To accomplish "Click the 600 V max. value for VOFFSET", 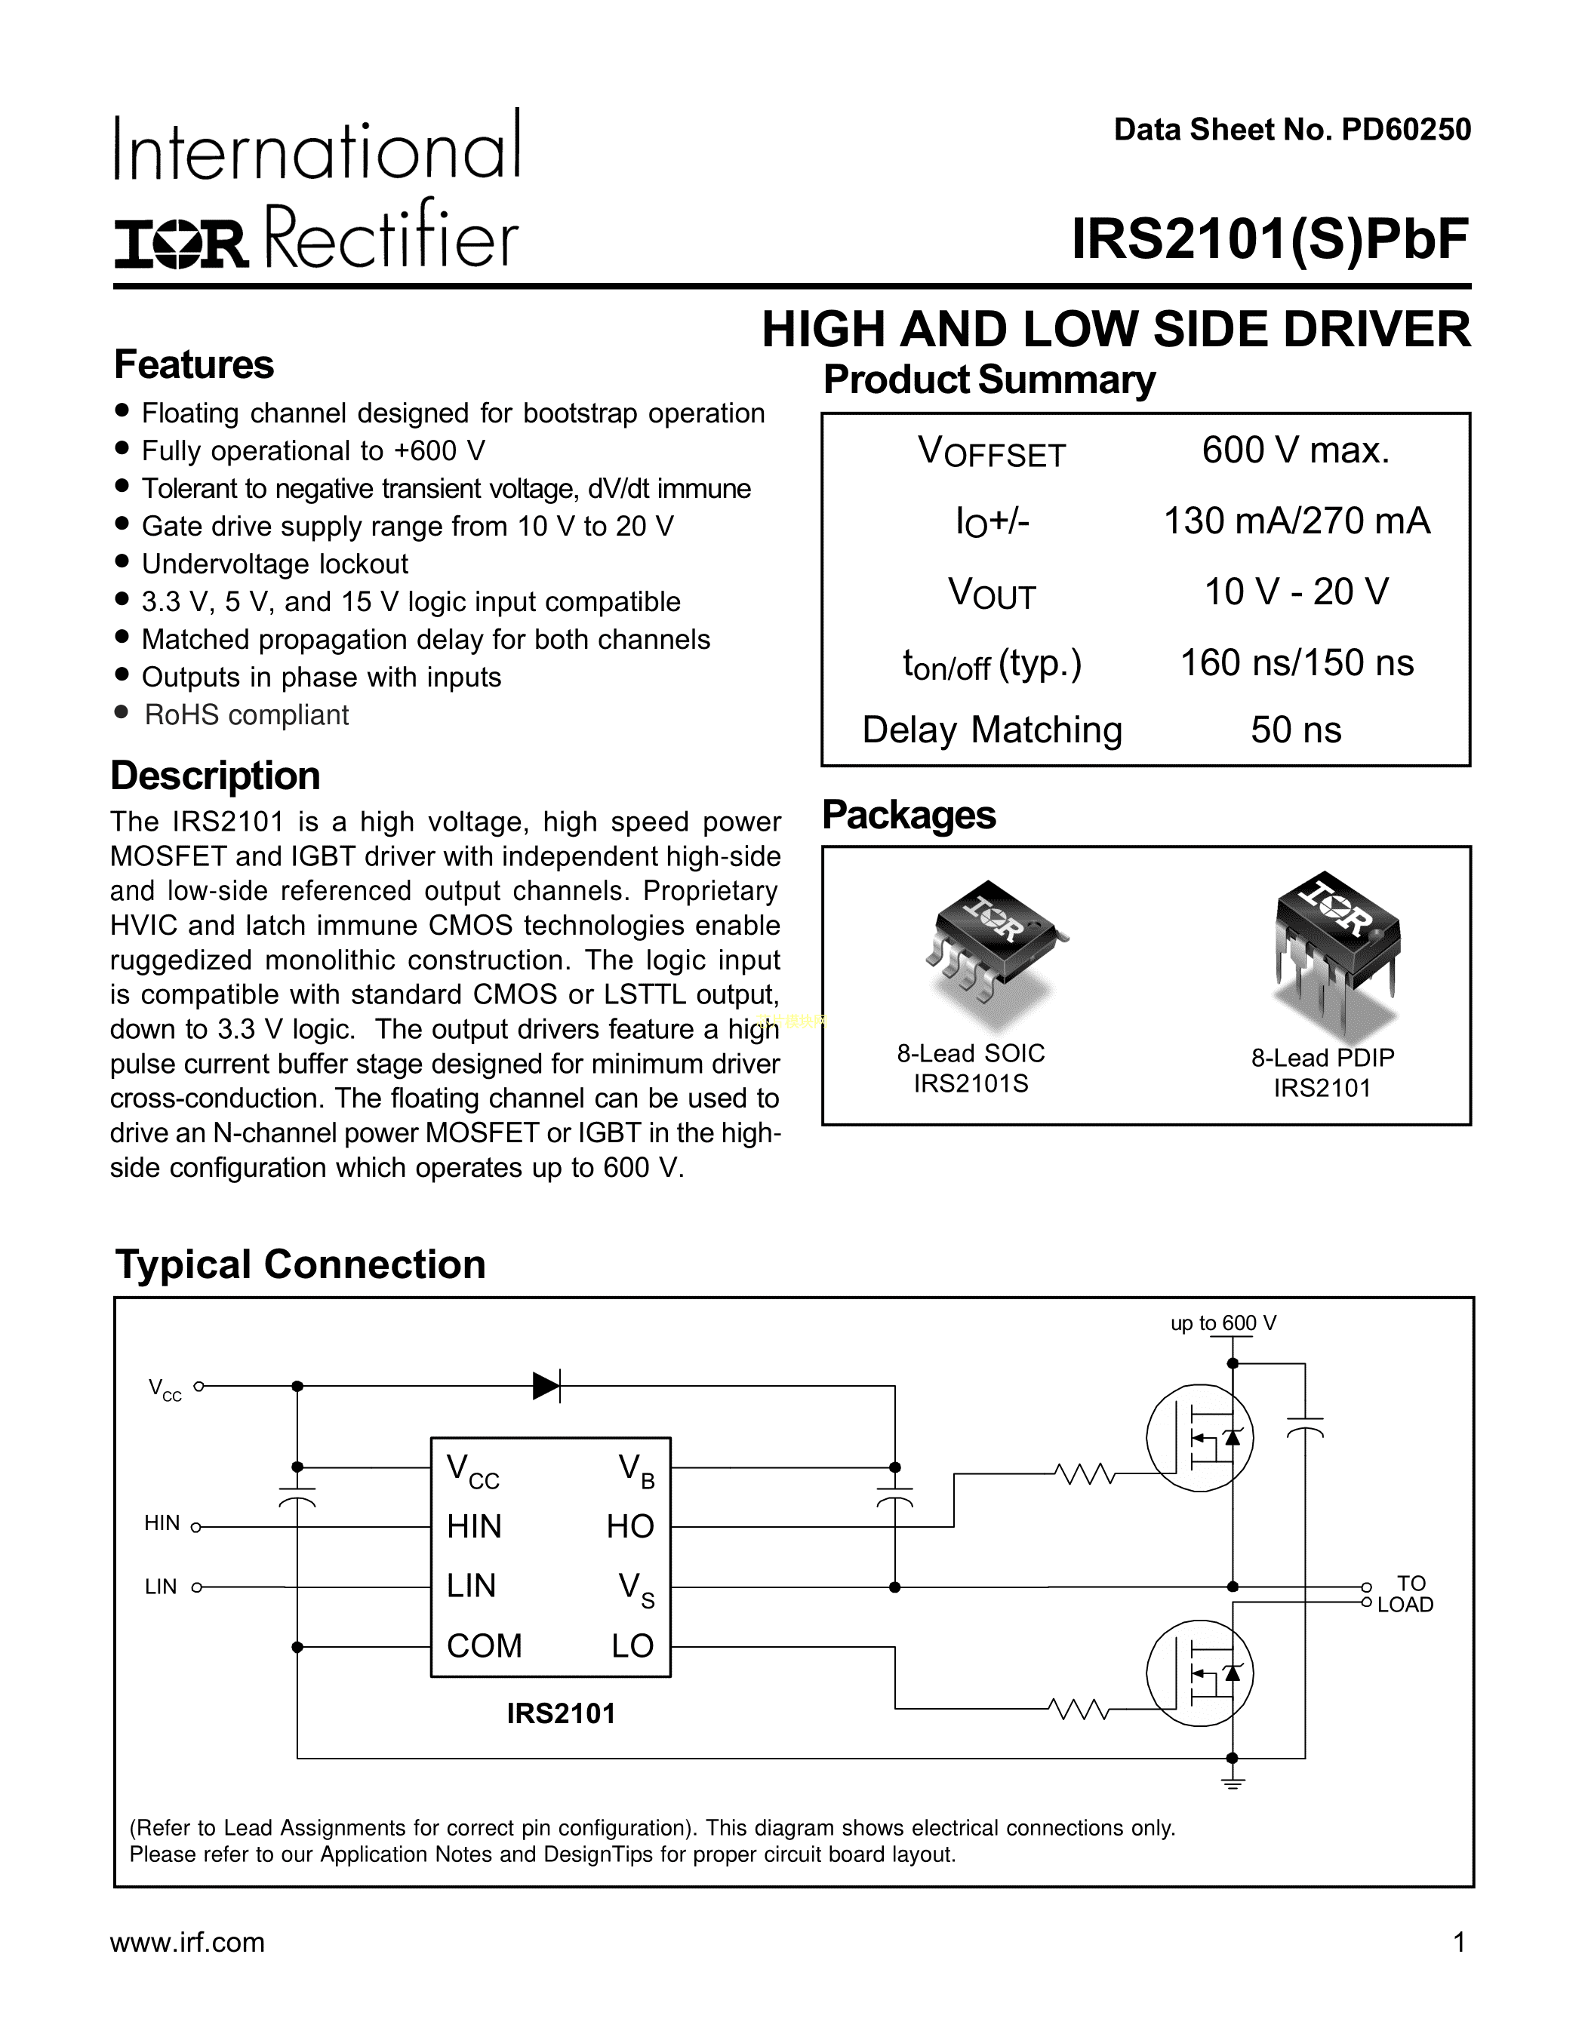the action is (x=1296, y=450).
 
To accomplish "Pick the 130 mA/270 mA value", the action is (x=1296, y=521).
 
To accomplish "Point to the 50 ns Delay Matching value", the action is (x=1296, y=730).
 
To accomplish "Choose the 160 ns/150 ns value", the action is (x=1297, y=662).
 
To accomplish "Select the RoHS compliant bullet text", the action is (x=246, y=715).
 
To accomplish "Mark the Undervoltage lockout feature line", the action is (x=275, y=564).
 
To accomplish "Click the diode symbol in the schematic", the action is (x=546, y=1386).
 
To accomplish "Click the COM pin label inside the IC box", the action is (x=484, y=1646).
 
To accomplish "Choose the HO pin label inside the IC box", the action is (x=631, y=1527).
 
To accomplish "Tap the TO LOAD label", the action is (x=1406, y=1594).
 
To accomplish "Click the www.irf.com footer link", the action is (x=187, y=1943).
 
